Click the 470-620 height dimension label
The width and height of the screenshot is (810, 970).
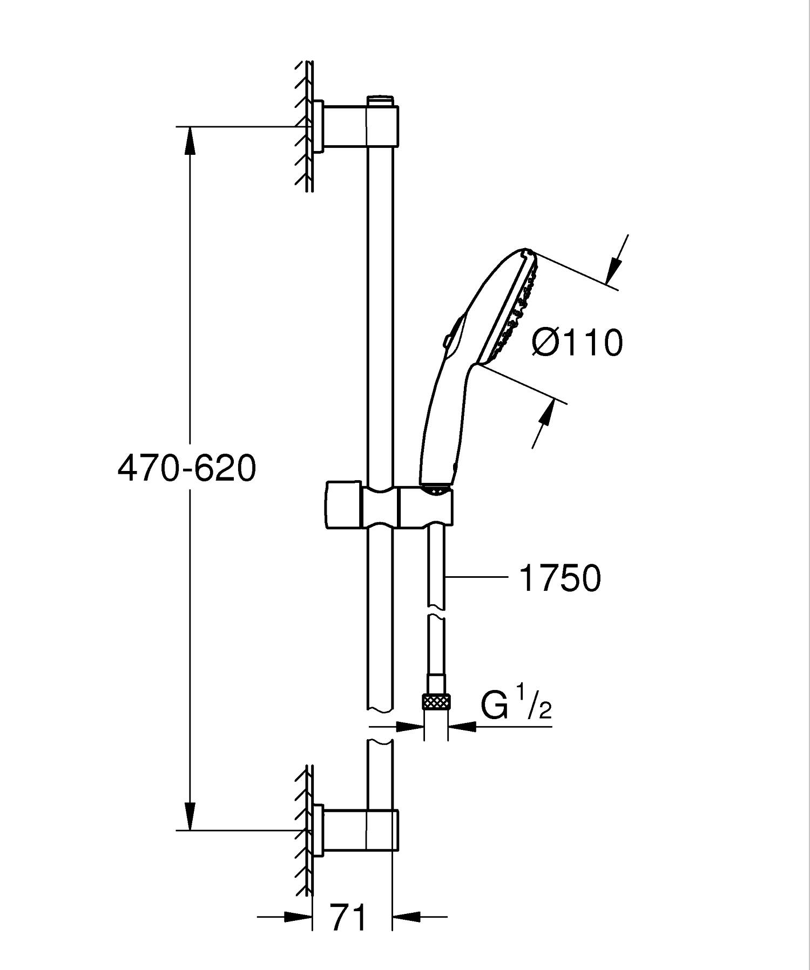[x=186, y=468]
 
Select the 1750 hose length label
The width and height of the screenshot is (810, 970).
[x=559, y=578]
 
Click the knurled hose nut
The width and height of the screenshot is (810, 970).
[x=436, y=702]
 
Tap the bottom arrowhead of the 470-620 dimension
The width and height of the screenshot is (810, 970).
[x=190, y=816]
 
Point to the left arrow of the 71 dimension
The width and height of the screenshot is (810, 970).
[x=298, y=916]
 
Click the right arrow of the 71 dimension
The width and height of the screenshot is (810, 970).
[x=406, y=916]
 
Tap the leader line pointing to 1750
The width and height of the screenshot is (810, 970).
[x=475, y=577]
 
